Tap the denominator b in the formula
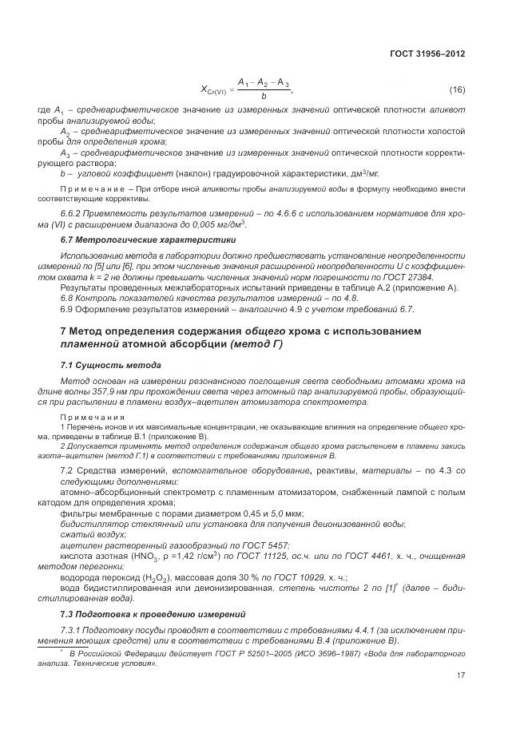(263, 97)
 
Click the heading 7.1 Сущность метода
(105, 364)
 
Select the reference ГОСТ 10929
(283, 577)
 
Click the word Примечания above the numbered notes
(92, 417)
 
